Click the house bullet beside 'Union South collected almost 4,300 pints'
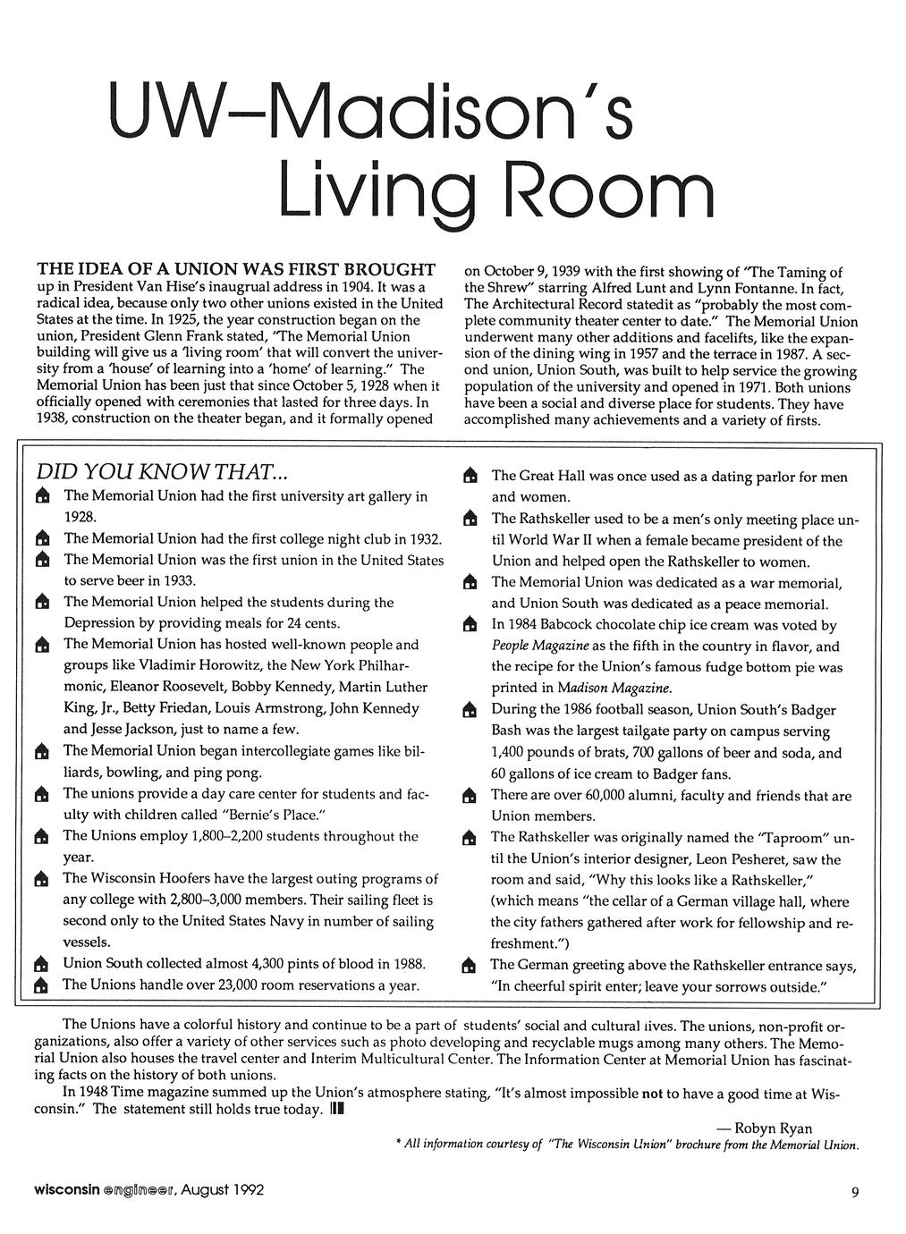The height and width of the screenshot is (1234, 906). [39, 965]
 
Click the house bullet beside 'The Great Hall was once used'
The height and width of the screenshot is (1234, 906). [468, 477]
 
